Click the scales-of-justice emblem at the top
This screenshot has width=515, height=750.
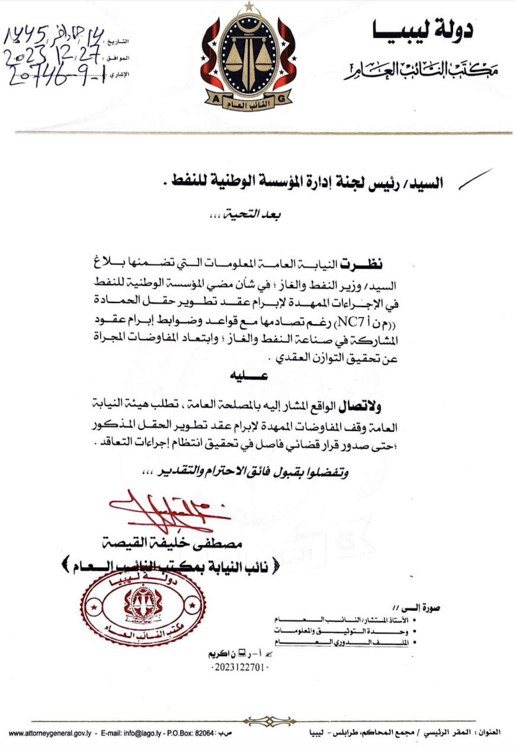(247, 57)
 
